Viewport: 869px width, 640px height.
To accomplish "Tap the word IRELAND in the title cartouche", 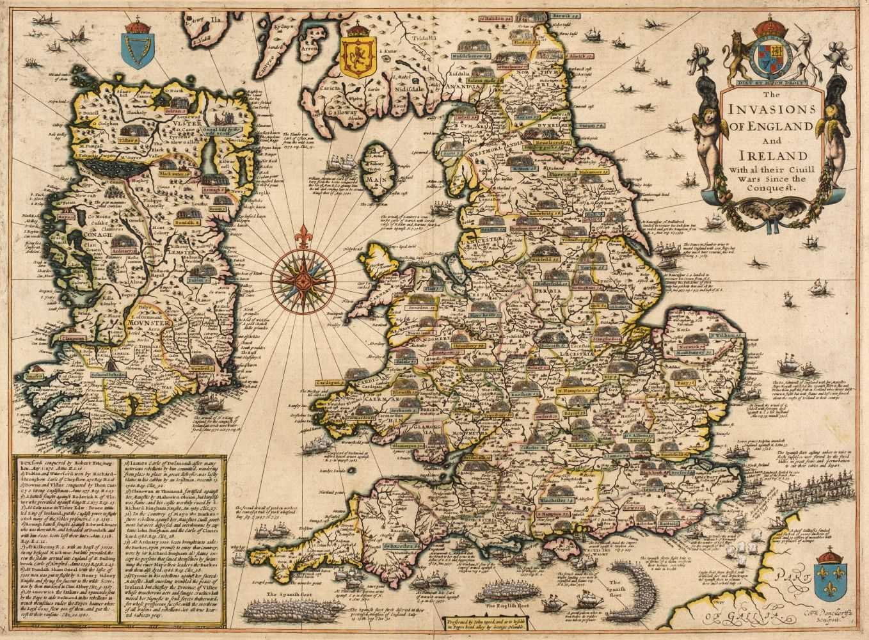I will click(775, 156).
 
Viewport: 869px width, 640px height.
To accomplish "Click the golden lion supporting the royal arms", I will click(736, 58).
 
